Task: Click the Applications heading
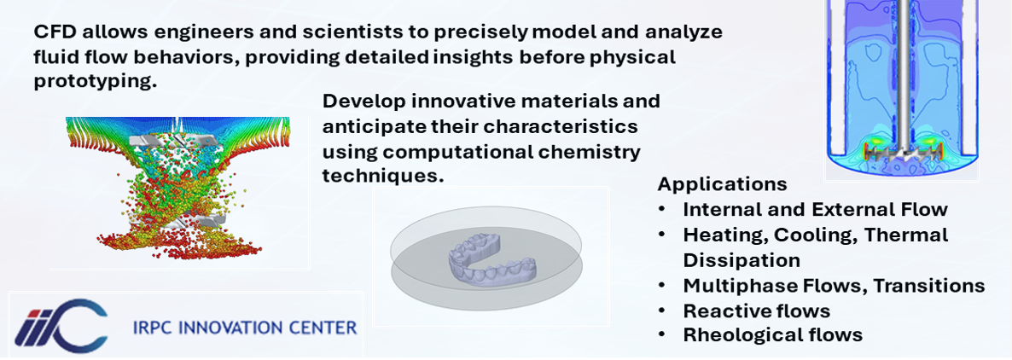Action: [x=722, y=184]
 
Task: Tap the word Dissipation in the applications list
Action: [x=742, y=260]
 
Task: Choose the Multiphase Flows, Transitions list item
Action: [x=834, y=286]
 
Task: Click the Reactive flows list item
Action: [x=756, y=311]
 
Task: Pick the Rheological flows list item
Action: [x=772, y=335]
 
